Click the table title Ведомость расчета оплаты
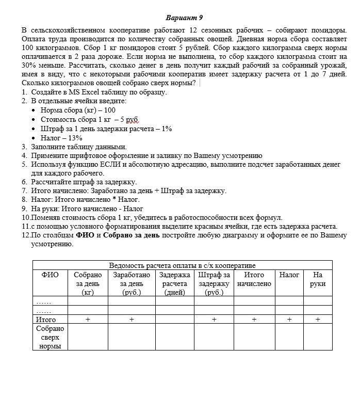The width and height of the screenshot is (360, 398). [182, 266]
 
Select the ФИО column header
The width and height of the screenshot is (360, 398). [50, 275]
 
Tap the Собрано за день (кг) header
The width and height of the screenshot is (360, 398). [88, 283]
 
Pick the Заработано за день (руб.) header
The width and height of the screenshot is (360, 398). [132, 283]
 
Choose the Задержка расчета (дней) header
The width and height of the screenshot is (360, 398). [174, 283]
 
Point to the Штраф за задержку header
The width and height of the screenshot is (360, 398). [214, 283]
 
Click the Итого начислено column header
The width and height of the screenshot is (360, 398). [254, 279]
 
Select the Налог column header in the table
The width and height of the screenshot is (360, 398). [289, 275]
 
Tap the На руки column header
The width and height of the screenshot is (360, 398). [318, 279]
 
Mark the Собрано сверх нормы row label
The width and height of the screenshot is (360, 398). [50, 337]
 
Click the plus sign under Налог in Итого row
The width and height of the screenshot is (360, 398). [289, 320]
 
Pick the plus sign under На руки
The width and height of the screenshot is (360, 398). [318, 320]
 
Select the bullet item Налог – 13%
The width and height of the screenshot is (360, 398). [61, 138]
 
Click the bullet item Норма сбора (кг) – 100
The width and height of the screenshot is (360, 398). [78, 110]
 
